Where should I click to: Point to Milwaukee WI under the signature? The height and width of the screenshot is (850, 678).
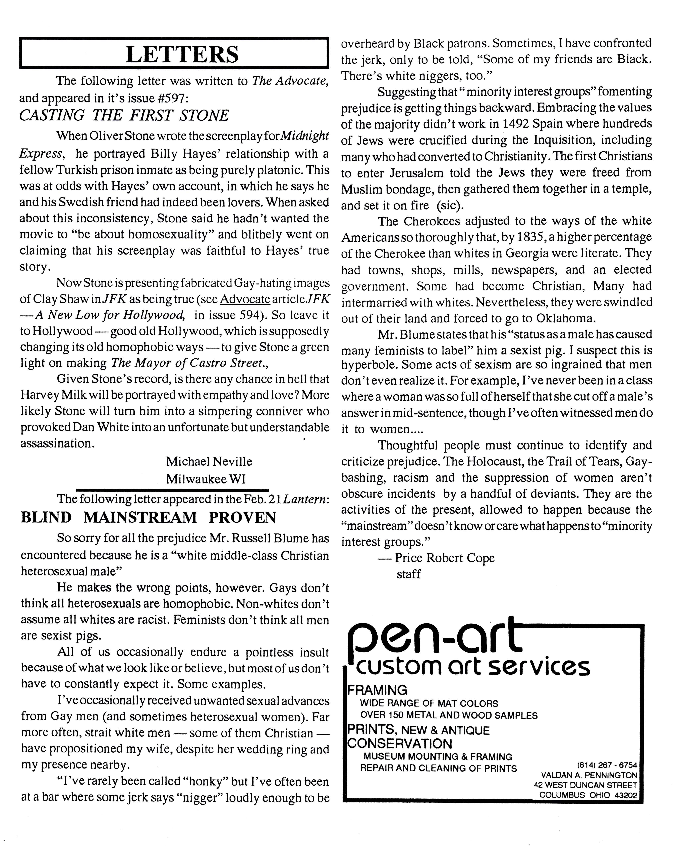[x=206, y=479]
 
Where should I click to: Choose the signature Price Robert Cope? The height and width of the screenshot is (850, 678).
[x=445, y=558]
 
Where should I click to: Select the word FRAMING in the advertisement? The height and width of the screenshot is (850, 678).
[x=377, y=690]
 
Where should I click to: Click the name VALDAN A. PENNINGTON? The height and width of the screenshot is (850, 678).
[x=589, y=775]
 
